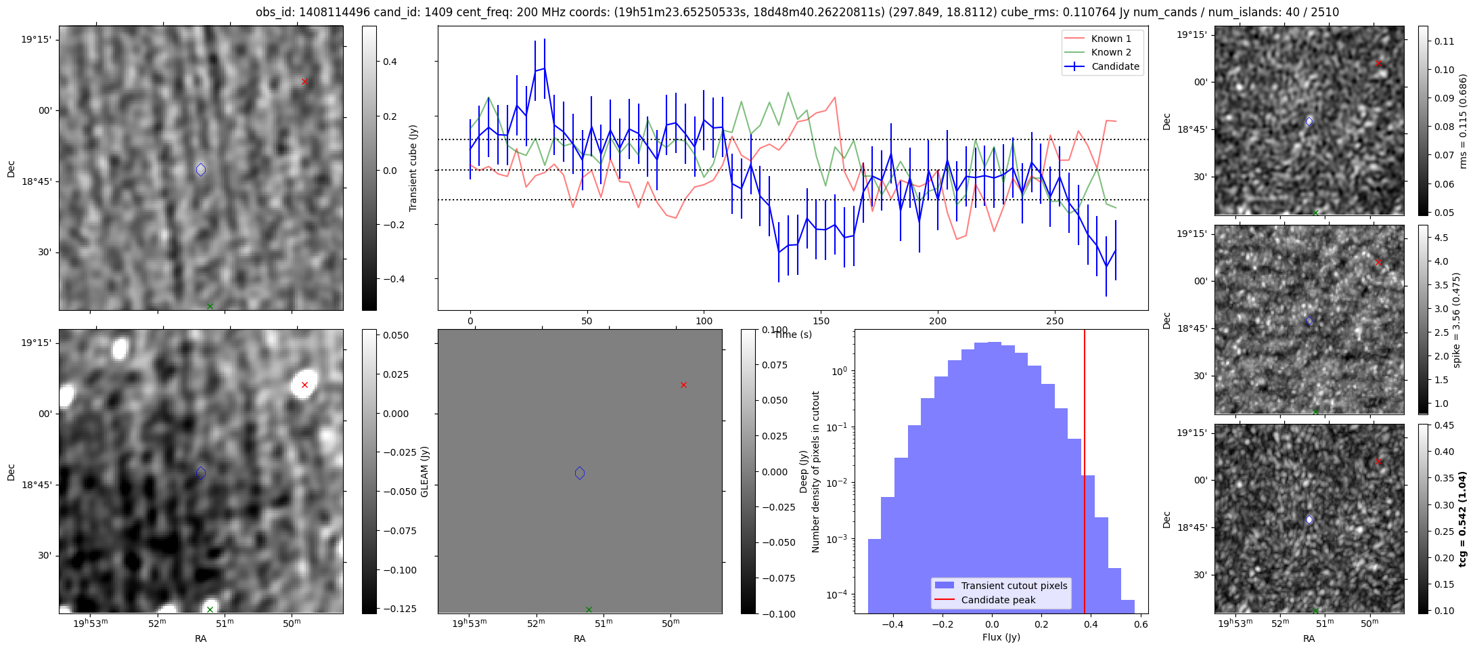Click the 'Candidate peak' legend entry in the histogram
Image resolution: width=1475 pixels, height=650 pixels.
(998, 600)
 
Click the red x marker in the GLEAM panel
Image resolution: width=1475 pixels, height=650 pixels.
(683, 385)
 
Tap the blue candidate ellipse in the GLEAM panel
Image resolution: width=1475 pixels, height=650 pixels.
(580, 473)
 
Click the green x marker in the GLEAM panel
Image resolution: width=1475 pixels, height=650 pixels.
(589, 609)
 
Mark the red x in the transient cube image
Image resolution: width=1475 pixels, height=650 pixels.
(304, 82)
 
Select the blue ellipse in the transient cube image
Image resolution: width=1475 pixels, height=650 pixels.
(201, 169)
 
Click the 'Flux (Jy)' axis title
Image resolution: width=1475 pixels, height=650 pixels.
(1001, 637)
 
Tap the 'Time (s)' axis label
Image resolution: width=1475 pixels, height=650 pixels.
(793, 334)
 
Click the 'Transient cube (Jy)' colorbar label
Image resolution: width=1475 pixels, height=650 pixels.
(413, 168)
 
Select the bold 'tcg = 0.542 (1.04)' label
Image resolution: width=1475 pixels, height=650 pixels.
(1462, 519)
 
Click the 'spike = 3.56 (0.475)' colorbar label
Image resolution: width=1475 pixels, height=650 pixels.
(1456, 320)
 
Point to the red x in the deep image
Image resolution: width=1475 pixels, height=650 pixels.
(304, 385)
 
